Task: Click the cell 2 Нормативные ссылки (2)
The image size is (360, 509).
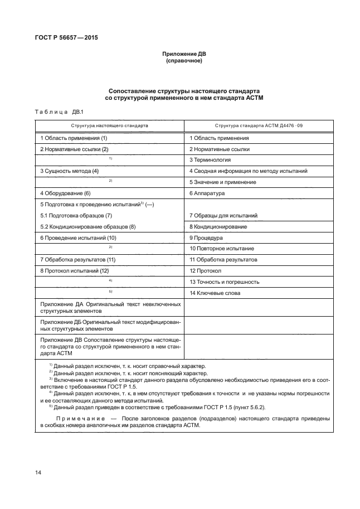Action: coord(74,149)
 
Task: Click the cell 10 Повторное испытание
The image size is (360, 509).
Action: coord(222,248)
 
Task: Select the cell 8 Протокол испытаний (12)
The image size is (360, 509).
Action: coord(75,270)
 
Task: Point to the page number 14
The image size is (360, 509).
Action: coord(38,473)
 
